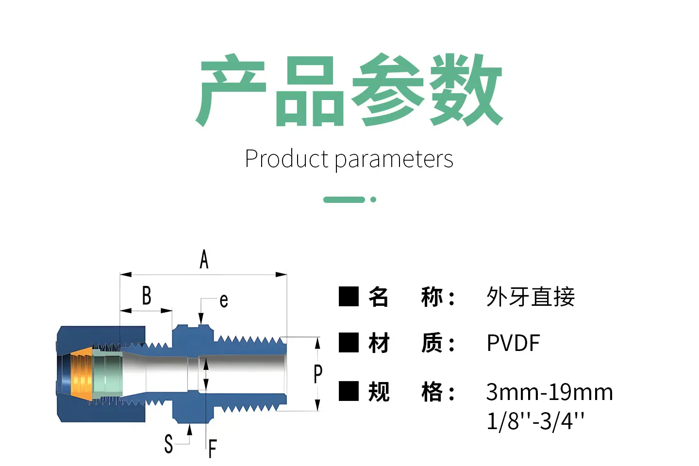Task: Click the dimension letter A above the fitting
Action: pos(204,259)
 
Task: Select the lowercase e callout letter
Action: pos(224,301)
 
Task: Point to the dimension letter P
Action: pos(317,374)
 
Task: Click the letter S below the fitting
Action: pos(168,444)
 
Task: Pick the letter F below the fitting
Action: pos(213,449)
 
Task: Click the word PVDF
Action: pos(514,343)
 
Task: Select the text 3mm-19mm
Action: pos(549,392)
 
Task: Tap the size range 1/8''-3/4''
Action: pos(535,421)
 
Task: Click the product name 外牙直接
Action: pos(531,297)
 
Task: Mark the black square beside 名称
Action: pos(349,297)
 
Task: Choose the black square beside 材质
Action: pos(349,343)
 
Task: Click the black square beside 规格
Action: pos(349,391)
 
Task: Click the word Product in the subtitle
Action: pos(286,159)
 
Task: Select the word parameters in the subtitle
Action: pos(394,160)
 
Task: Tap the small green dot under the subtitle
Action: pos(373,200)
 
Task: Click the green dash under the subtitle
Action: pos(344,200)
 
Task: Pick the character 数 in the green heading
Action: pos(466,90)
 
